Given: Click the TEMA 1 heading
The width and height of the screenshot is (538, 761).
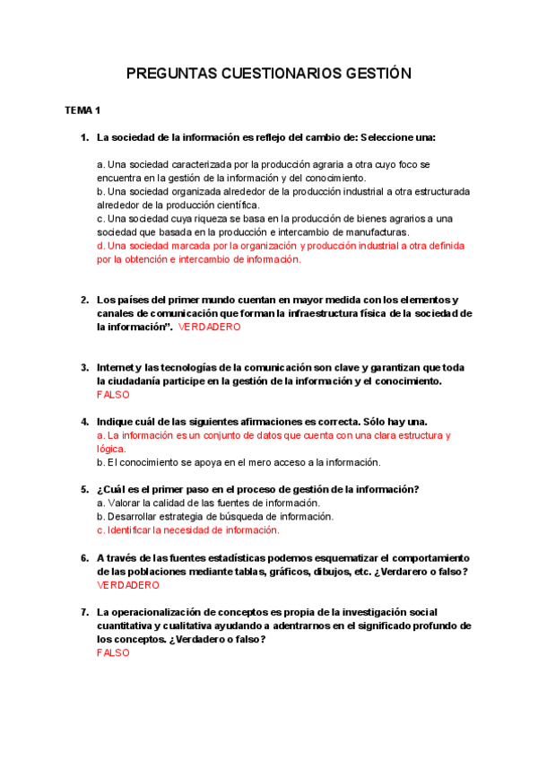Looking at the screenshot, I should (82, 110).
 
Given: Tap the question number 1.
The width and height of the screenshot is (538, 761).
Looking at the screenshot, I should (84, 137).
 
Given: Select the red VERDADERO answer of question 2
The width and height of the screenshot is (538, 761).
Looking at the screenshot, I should (210, 328).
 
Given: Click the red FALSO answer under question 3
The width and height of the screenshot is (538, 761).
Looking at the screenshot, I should (113, 395).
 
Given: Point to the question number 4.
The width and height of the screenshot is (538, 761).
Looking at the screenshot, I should (84, 422).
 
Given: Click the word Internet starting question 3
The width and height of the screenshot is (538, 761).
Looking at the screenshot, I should (117, 367).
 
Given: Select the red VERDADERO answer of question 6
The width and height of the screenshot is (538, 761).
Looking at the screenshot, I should (127, 585).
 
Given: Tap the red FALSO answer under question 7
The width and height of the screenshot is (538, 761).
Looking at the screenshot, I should (113, 652).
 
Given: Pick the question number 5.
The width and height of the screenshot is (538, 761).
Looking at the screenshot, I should (84, 489).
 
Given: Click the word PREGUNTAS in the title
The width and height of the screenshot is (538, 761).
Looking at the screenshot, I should (169, 74).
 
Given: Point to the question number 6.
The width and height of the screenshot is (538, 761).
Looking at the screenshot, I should (84, 557).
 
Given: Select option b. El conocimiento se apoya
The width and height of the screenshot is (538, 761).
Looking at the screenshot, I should (239, 462).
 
